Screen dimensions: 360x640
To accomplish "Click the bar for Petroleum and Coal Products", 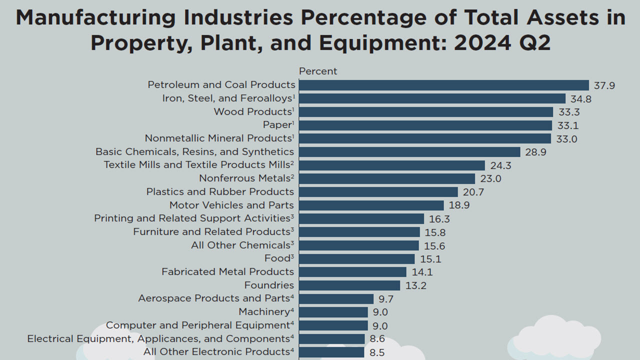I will (444, 85).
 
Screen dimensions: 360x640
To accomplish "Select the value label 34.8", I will (581, 99).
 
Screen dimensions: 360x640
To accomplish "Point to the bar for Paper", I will (425, 125).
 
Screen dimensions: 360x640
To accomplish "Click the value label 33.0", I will (566, 139).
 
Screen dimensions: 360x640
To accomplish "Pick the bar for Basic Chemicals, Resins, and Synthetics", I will (410, 152).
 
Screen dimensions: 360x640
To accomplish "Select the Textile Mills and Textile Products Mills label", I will (196, 164).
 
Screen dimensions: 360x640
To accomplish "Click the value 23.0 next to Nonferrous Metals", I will (490, 178).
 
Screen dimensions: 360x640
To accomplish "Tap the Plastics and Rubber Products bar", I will (378, 192).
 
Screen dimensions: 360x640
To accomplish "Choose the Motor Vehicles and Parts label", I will (231, 205).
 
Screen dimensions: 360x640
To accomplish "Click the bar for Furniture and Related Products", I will (359, 232).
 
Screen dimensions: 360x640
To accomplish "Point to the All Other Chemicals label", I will (240, 245).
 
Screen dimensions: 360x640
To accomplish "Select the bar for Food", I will (357, 258).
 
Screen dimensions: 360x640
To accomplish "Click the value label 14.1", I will (422, 272).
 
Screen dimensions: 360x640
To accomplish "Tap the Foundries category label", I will (269, 285).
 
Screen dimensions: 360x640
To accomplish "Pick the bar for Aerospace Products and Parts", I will (336, 298).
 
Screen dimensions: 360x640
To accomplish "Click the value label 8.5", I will (377, 352).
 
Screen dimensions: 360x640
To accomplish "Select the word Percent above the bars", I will (318, 71).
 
